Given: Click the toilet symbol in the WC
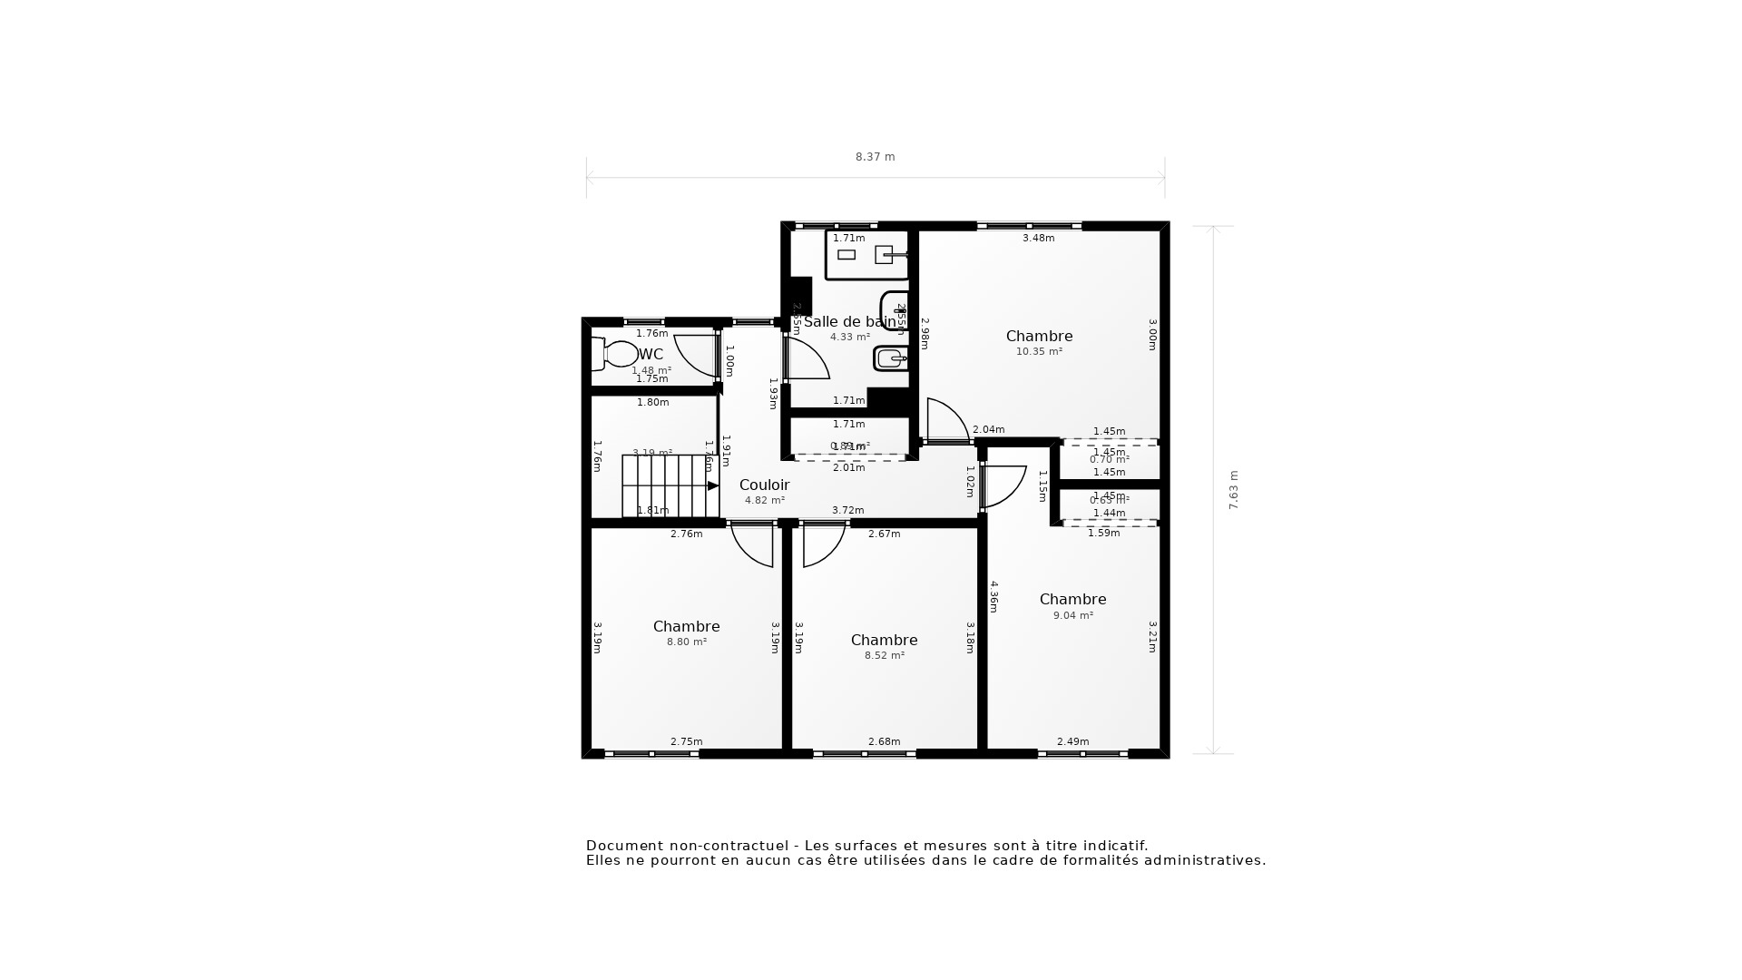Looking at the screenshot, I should [616, 354].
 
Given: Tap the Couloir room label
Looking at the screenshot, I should [764, 485].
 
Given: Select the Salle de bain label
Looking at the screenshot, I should [849, 322].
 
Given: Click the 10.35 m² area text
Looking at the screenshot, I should [1039, 352].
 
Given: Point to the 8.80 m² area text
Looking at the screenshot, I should [686, 642].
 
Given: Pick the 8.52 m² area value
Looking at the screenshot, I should [884, 656].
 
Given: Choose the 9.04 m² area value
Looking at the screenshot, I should [1072, 615].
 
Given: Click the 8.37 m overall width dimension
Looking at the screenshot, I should [875, 157].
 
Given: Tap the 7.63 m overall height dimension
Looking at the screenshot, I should [1234, 490].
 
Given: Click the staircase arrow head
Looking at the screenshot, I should [713, 486].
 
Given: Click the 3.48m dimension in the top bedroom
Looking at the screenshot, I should [1038, 239].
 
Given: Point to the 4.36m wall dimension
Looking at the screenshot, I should [994, 596].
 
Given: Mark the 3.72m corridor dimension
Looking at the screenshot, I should [847, 511].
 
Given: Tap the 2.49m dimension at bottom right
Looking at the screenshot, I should [1072, 742].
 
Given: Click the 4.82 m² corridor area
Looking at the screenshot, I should [764, 501].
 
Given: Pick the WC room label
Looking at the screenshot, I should [651, 355].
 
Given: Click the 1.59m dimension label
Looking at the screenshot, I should [1103, 534].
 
